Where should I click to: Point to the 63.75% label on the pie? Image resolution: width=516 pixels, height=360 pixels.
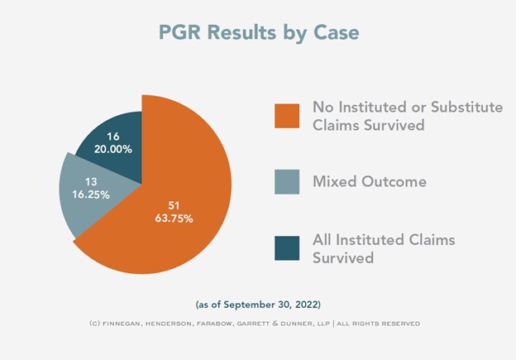[x=174, y=218]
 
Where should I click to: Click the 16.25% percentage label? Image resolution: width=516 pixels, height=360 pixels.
[x=91, y=194]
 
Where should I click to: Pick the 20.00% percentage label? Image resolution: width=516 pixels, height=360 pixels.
[x=112, y=149]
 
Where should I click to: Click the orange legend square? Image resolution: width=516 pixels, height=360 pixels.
[x=287, y=116]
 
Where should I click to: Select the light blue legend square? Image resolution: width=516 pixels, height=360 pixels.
[x=287, y=182]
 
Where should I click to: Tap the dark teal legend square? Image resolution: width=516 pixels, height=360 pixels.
[x=287, y=248]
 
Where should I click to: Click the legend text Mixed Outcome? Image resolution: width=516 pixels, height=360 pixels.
[x=370, y=181]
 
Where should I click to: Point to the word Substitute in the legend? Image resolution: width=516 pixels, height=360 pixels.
[x=467, y=107]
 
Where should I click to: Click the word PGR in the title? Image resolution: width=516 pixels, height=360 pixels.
[x=179, y=32]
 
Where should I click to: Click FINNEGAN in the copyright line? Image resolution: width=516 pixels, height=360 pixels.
[x=122, y=324]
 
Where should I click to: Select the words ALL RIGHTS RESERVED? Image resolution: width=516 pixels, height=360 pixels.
[x=379, y=324]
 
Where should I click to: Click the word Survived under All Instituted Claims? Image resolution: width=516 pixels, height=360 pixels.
[x=343, y=257]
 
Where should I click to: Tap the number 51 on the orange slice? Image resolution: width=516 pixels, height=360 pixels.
[x=174, y=205]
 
